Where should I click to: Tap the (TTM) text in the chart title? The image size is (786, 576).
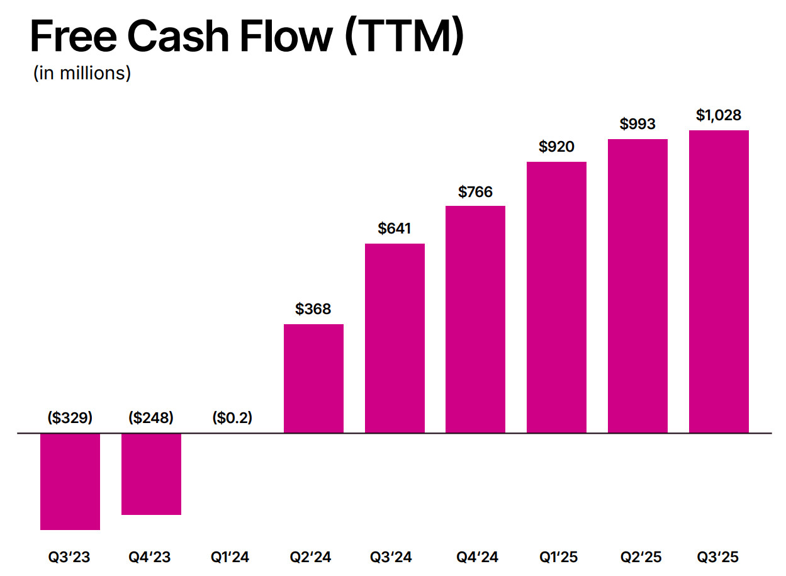404,36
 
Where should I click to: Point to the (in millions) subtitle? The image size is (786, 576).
82,73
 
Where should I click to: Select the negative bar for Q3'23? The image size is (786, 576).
70,482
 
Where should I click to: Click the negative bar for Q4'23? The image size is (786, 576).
151,474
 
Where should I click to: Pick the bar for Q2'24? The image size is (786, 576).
313,378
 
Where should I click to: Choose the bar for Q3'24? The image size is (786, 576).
395,338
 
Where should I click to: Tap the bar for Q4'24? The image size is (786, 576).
475,319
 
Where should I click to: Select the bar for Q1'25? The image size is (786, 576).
556,297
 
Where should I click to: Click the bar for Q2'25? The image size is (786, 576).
637,286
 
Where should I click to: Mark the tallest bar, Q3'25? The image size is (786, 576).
719,281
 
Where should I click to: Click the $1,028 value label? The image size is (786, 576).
719,115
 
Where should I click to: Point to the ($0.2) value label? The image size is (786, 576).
232,417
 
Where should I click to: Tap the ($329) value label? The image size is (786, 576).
70,417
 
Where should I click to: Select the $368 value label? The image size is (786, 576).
313,309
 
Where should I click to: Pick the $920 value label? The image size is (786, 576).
556,147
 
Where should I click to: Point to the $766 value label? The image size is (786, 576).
475,191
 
